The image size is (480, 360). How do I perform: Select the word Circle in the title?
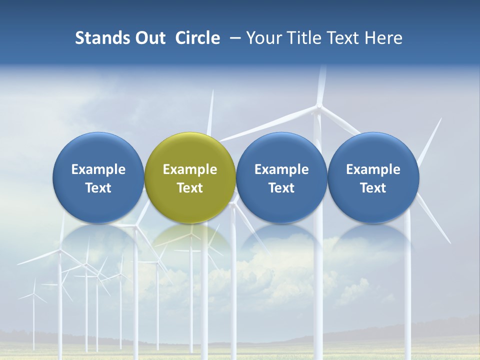click(197, 38)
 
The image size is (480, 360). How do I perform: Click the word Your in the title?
click(263, 38)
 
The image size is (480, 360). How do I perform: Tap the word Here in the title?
click(383, 38)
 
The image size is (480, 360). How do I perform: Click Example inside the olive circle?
click(190, 169)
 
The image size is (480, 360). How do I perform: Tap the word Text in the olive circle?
click(190, 188)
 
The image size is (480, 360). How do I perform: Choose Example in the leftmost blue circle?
click(98, 169)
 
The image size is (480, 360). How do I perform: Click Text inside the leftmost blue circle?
click(98, 188)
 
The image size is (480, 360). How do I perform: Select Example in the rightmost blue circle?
click(373, 169)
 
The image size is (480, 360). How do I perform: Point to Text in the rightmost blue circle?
click(373, 188)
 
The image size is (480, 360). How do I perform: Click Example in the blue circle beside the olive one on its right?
click(281, 169)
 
